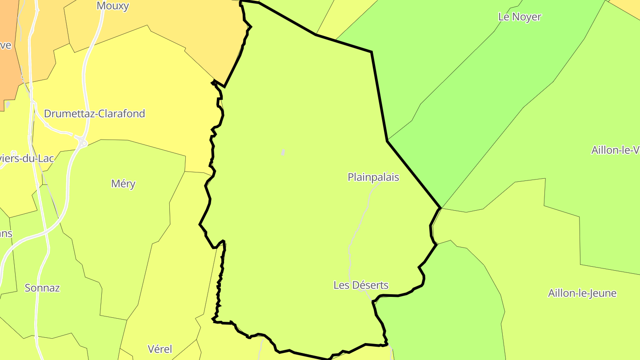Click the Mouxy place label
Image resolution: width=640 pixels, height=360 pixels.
point(113,6)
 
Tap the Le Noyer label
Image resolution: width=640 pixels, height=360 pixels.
point(520,17)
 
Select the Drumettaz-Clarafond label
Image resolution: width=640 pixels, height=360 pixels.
point(94,113)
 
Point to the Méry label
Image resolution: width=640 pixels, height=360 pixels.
point(123,184)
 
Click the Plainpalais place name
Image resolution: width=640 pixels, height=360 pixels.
point(373,177)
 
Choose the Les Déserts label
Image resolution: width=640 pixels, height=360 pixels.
point(361,285)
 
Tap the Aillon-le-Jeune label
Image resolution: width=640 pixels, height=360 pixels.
point(582,293)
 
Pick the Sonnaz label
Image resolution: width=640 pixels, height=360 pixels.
point(42,288)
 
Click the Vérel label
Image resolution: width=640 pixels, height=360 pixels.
point(160,349)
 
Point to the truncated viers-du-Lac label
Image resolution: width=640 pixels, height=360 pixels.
point(28,159)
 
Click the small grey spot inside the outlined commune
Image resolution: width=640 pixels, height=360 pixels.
point(283,152)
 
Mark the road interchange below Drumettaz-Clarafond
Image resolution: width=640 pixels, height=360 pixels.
point(83,143)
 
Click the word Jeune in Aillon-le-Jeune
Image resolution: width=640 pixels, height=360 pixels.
point(603,293)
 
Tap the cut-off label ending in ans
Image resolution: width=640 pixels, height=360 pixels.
point(6,234)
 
